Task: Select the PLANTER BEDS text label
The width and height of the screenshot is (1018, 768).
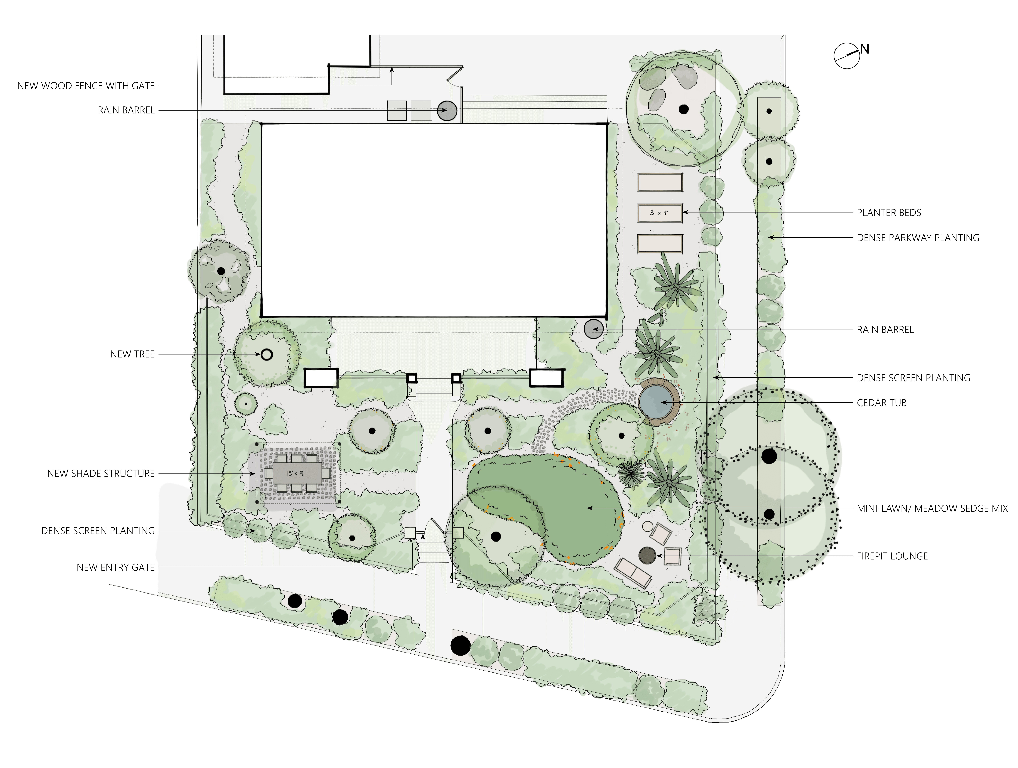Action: pyautogui.click(x=889, y=213)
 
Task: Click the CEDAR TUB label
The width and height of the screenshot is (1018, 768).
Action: pyautogui.click(x=881, y=403)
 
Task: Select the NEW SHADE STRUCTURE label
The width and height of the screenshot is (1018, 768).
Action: pyautogui.click(x=101, y=473)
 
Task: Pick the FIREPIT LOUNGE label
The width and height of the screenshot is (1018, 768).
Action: pyautogui.click(x=892, y=556)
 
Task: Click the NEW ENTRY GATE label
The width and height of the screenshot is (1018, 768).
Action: pyautogui.click(x=116, y=567)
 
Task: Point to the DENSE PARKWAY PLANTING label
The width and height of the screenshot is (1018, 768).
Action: pyautogui.click(x=918, y=238)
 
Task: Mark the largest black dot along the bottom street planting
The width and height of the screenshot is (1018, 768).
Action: pyautogui.click(x=461, y=646)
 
